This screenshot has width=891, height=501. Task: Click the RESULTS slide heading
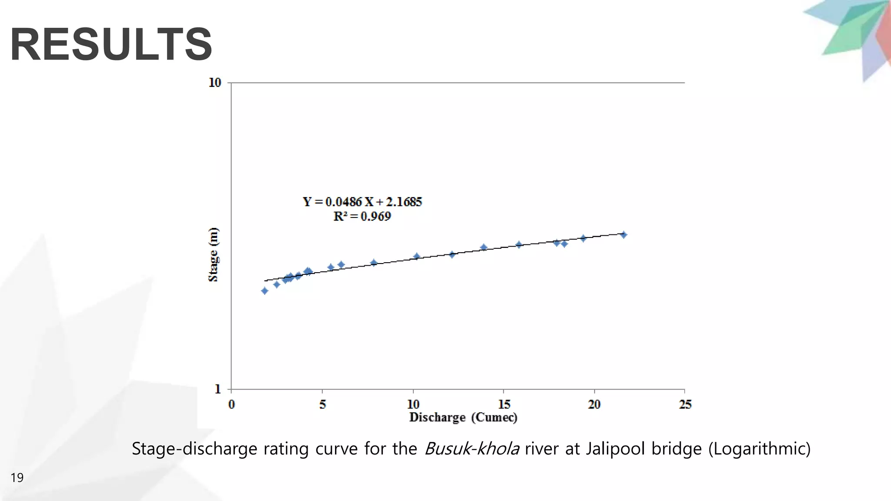pos(111,44)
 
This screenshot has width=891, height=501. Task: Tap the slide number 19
pos(17,478)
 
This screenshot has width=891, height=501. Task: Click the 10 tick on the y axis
pos(215,83)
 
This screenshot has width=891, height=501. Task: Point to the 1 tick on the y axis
pos(218,389)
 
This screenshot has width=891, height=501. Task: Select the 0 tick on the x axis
pos(231,404)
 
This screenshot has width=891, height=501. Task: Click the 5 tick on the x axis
pos(322,404)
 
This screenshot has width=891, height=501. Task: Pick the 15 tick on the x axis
pos(504,404)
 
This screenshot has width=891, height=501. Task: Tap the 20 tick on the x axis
pos(594,404)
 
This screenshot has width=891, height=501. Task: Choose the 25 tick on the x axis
pos(685,404)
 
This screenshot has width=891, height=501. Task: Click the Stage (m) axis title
pos(213,255)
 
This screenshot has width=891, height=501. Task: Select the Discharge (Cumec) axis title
pos(463,417)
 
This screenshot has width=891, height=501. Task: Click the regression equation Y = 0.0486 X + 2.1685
pos(362,202)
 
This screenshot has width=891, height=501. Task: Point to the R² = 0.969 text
pos(362,216)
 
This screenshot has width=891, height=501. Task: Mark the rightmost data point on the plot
pos(623,235)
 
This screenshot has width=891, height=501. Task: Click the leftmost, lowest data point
pos(265,291)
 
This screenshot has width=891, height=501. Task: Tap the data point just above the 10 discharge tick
pos(416,256)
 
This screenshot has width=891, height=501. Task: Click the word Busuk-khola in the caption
pos(472,448)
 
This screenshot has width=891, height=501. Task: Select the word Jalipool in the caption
pos(615,448)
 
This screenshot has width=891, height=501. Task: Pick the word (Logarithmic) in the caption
pos(759,448)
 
